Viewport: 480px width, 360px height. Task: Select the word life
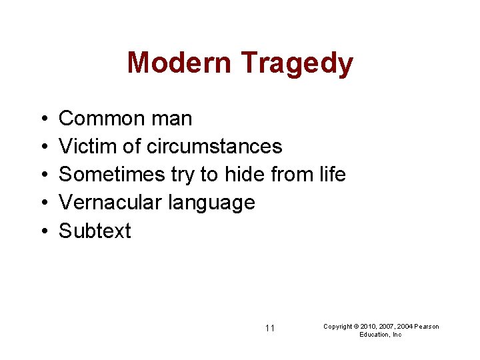point(332,175)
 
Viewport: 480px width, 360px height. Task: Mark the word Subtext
point(95,231)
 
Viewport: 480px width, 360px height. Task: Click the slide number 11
point(270,328)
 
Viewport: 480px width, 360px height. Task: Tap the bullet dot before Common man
point(42,119)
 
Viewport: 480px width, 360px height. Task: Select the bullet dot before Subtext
point(42,231)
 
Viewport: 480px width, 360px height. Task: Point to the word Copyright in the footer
point(337,327)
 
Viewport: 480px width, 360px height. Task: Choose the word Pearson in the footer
point(427,327)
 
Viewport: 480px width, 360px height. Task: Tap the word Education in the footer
point(373,335)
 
